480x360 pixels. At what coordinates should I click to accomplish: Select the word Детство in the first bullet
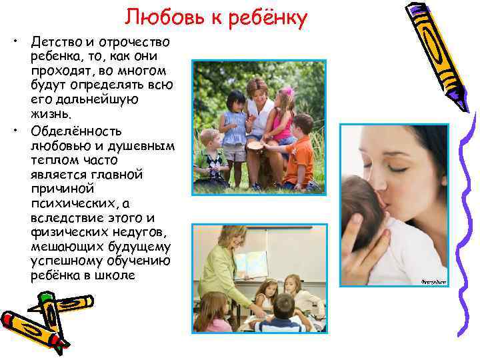click(55, 43)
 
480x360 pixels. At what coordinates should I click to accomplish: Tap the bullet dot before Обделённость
click(14, 129)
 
